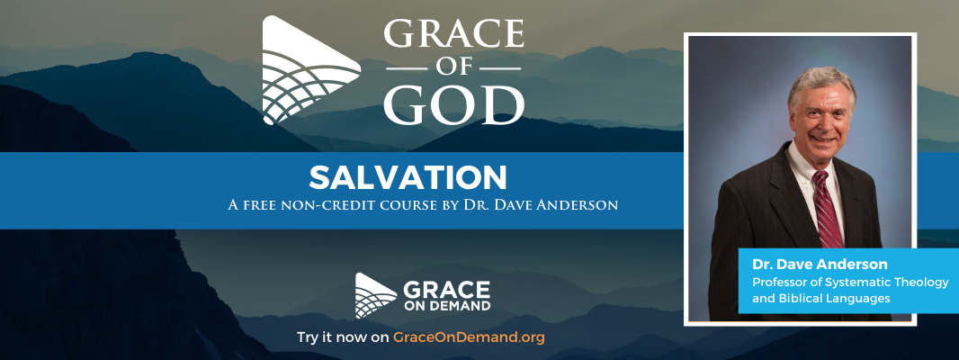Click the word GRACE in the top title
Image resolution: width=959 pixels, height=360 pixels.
tap(453, 34)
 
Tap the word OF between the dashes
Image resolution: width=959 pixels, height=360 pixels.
tap(453, 68)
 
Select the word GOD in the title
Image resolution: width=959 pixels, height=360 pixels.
tap(453, 104)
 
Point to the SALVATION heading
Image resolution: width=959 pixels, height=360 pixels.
tap(408, 177)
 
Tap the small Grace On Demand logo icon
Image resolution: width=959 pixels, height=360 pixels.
tap(375, 295)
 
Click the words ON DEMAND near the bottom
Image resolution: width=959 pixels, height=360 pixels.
tap(446, 305)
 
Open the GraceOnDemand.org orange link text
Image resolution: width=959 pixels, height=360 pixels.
tap(469, 337)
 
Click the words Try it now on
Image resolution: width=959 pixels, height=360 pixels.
tap(342, 337)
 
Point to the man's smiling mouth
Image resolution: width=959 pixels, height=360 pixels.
tap(822, 139)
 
